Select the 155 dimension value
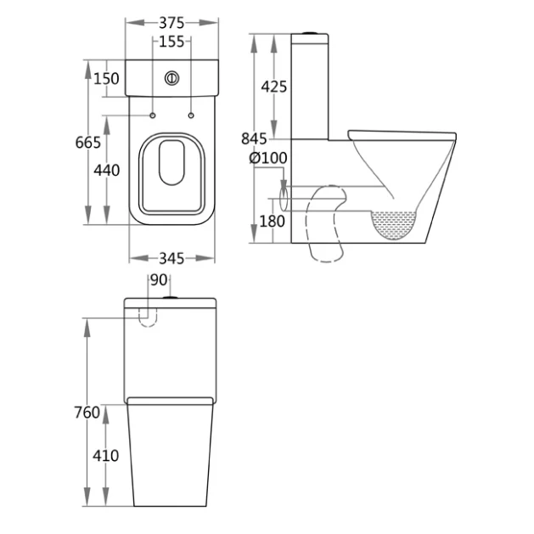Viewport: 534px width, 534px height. click(171, 41)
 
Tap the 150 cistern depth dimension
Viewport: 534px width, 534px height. click(106, 79)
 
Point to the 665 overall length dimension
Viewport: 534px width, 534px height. click(88, 142)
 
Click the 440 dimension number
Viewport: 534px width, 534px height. click(106, 171)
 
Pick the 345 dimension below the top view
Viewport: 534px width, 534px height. click(171, 257)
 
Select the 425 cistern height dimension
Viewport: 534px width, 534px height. click(274, 87)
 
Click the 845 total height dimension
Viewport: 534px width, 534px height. click(255, 139)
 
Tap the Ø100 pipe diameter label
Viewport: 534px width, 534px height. click(268, 158)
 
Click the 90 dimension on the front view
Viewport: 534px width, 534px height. click(159, 280)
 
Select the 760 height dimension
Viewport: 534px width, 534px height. click(87, 413)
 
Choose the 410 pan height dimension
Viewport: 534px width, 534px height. click(106, 456)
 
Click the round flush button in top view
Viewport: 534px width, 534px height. click(171, 78)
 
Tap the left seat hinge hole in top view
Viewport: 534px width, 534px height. click(152, 115)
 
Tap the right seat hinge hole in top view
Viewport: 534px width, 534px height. click(191, 115)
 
